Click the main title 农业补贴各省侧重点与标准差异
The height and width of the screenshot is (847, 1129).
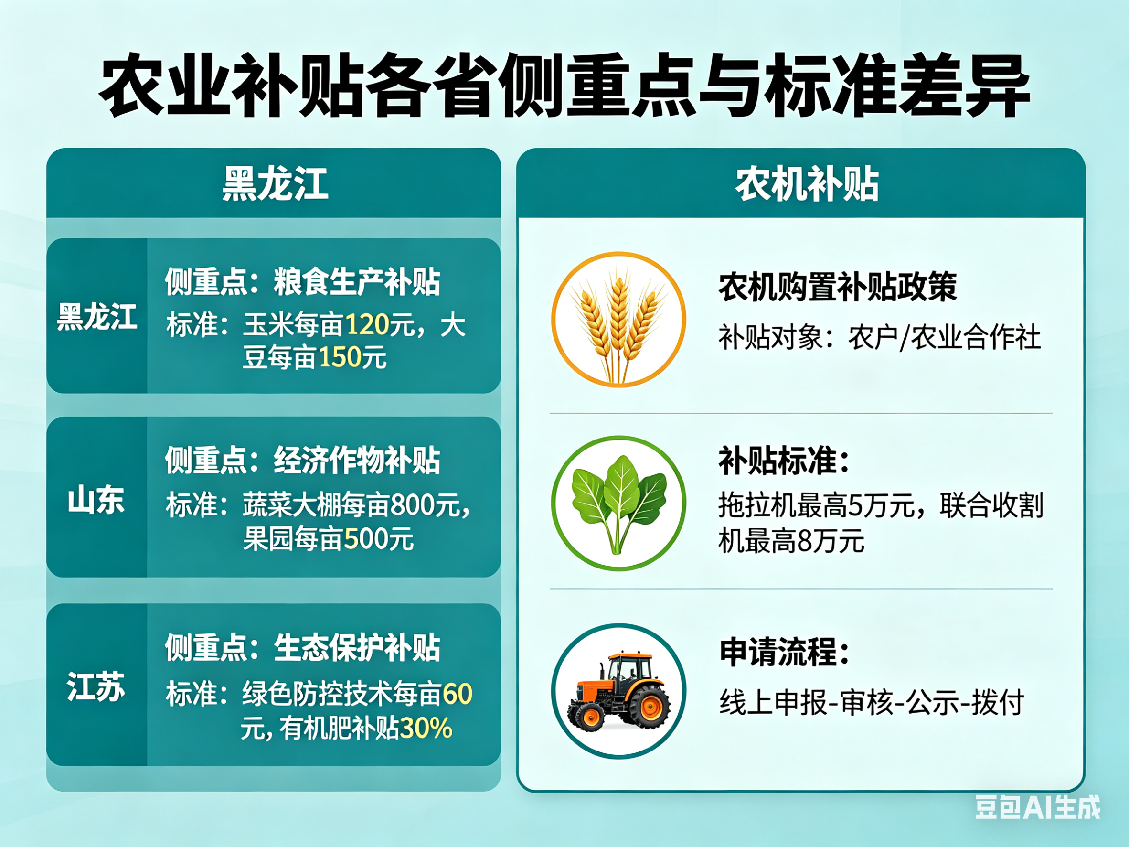(564, 85)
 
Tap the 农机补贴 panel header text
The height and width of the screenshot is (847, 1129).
(807, 184)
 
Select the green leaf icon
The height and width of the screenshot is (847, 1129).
(618, 504)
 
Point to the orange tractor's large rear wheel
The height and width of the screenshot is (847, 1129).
(651, 706)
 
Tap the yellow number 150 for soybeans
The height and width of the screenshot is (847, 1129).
(341, 357)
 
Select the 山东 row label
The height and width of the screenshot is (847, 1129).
(96, 500)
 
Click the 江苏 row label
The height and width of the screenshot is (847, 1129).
(96, 686)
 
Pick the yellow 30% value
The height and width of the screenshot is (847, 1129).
(426, 728)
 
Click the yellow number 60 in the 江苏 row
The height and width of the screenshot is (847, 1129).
(458, 694)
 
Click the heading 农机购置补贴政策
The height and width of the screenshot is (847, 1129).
(838, 288)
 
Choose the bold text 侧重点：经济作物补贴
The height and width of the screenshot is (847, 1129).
(303, 460)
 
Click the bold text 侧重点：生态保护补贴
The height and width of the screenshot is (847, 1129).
(303, 647)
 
